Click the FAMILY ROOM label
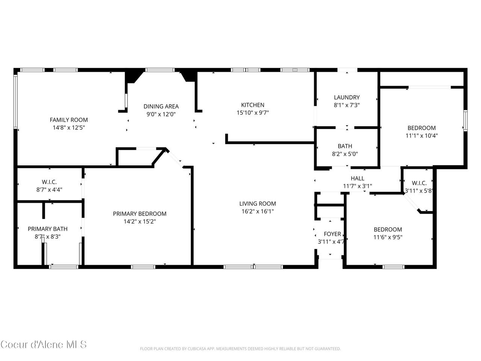[69, 120]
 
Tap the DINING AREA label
[161, 106]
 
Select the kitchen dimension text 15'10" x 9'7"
[253, 113]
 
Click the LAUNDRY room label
[347, 97]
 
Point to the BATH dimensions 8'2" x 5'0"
[345, 154]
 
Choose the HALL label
[357, 178]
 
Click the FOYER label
[332, 234]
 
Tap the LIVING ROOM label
[257, 203]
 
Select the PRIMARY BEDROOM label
[139, 214]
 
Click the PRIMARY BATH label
[48, 229]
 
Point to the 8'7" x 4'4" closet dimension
[49, 190]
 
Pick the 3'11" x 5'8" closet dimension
[419, 191]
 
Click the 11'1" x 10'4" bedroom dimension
[422, 136]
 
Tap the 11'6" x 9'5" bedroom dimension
[388, 237]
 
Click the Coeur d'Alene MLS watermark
[44, 344]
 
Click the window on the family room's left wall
[15, 102]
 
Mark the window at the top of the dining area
[160, 70]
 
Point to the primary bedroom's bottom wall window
[143, 267]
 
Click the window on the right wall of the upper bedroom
[465, 121]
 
